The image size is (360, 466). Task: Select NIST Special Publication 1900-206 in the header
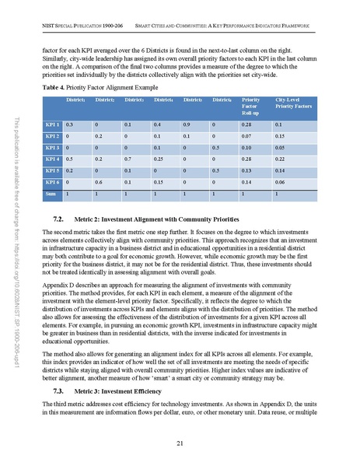pos(74,27)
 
